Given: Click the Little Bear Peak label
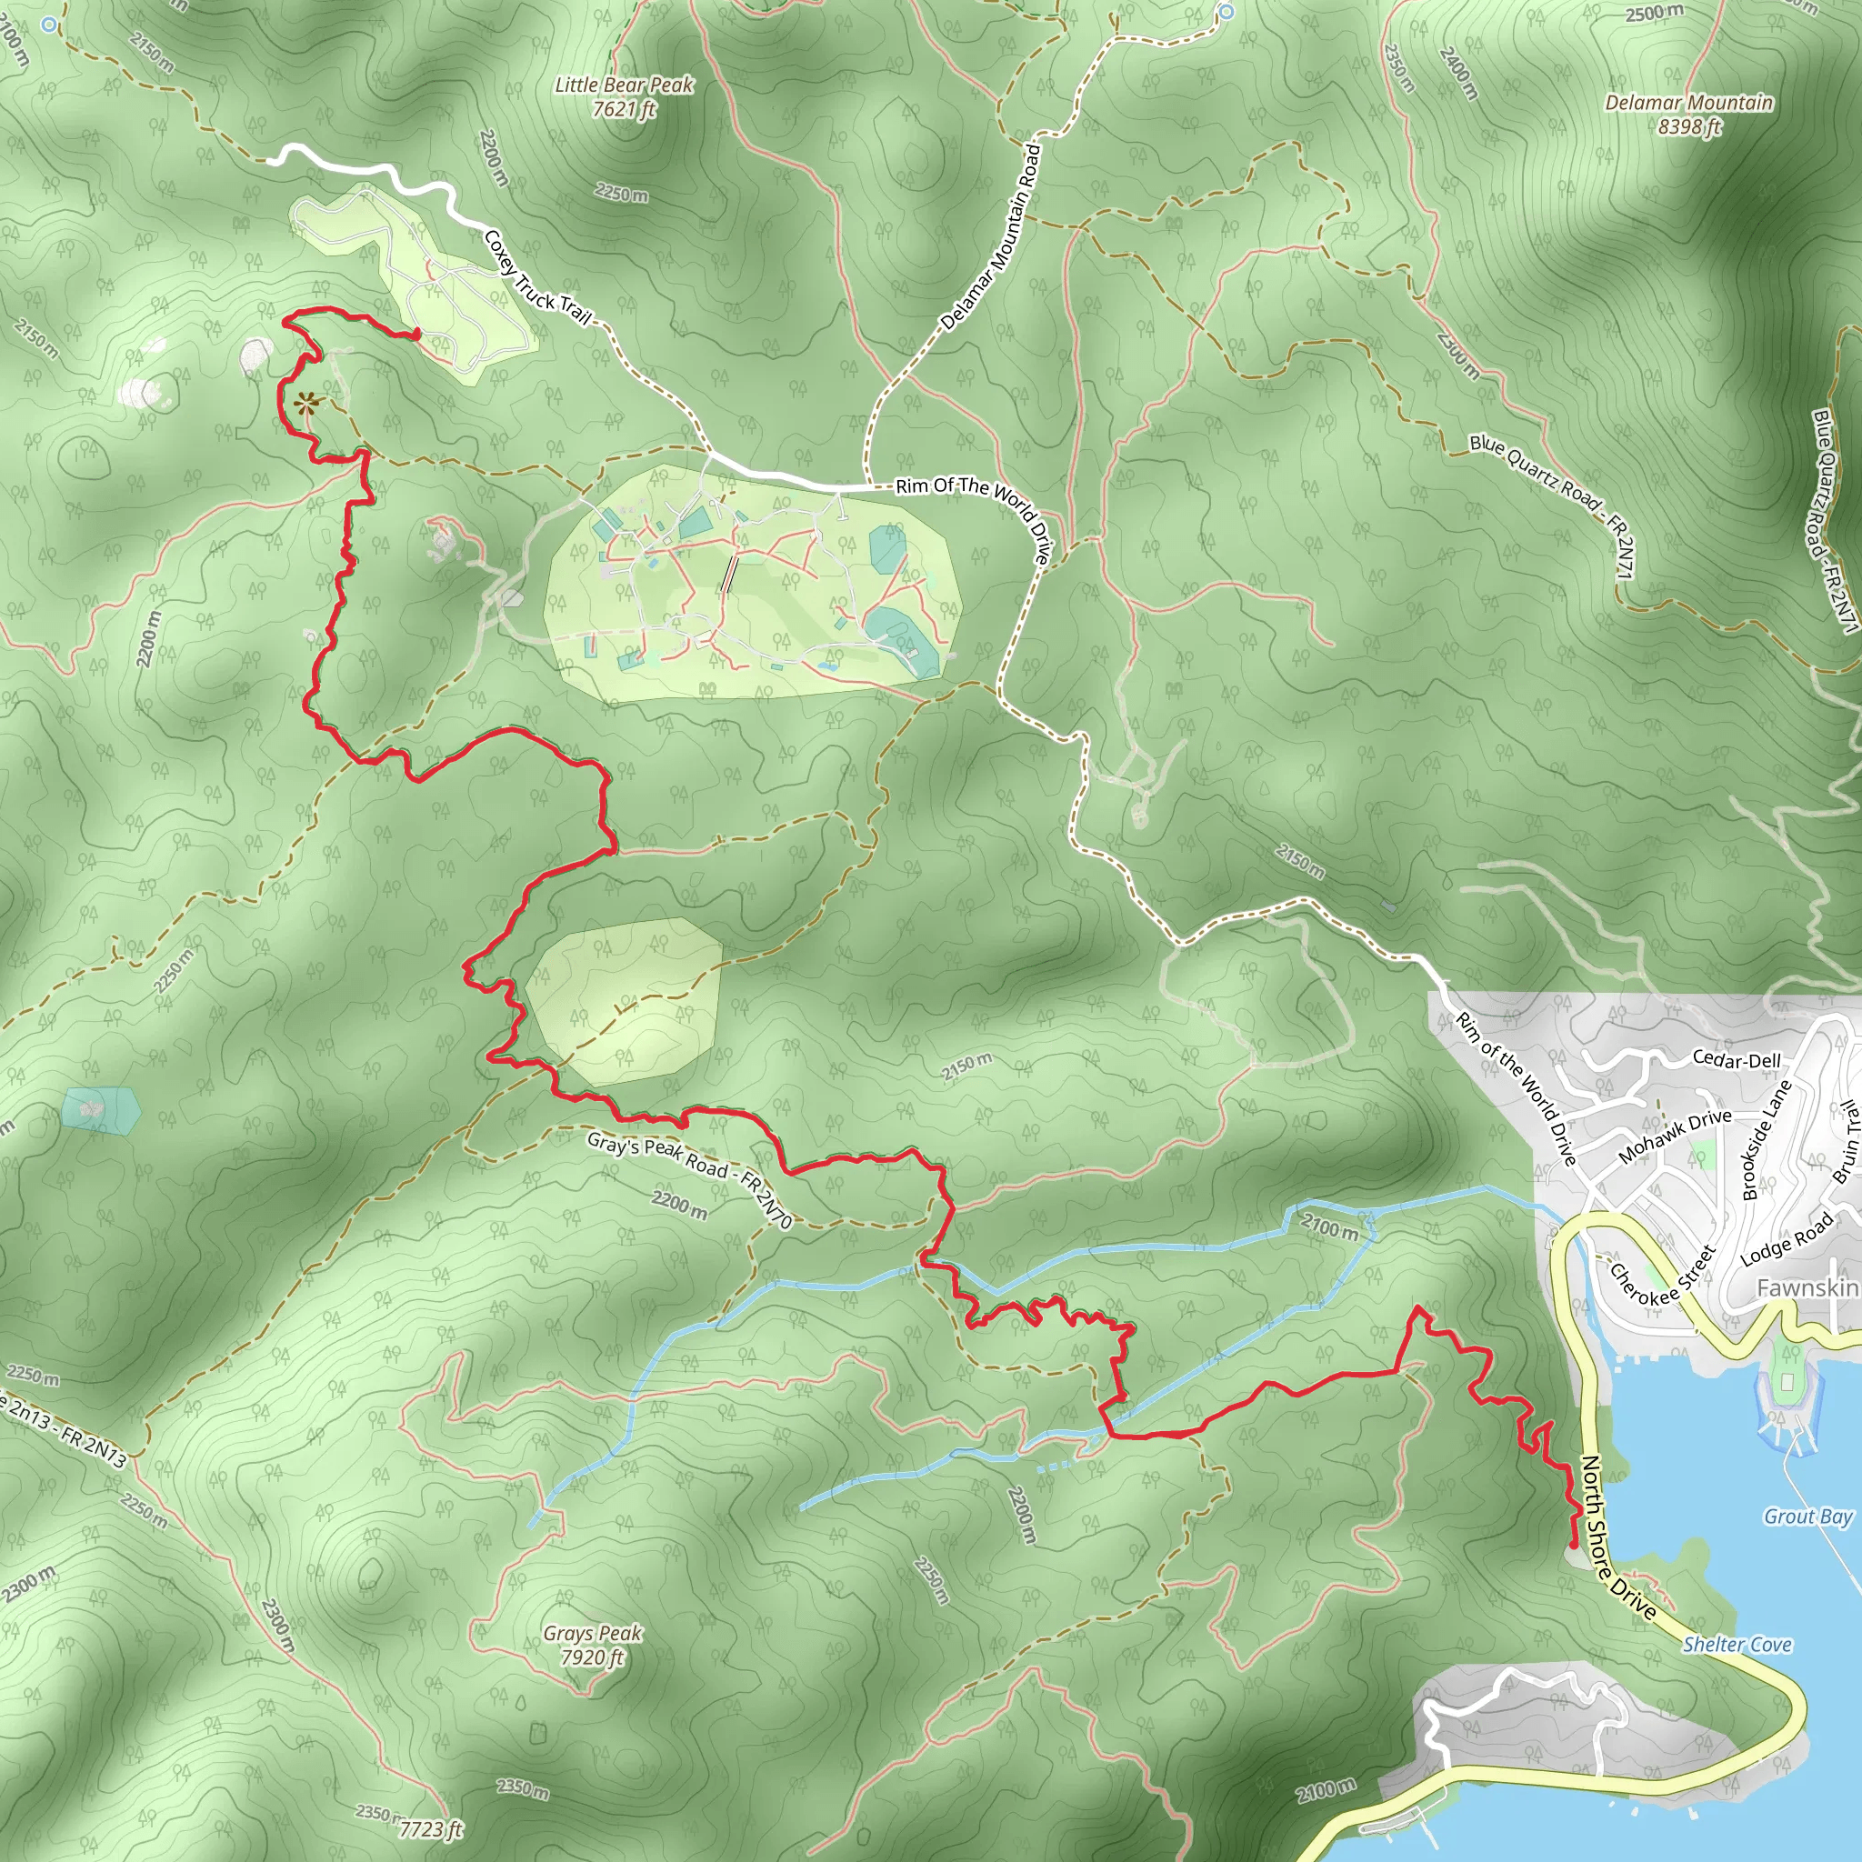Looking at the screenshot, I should pos(625,96).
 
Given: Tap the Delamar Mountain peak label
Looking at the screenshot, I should pos(1688,114).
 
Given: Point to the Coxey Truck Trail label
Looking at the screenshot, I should pos(536,276).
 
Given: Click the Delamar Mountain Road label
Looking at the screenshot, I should pos(991,237).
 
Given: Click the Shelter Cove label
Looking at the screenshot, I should pos(1737,1644).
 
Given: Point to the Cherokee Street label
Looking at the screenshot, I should pos(1663,1274).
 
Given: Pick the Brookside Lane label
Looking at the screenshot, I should pos(1767,1139).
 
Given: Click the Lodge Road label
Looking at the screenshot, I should pos(1787,1240).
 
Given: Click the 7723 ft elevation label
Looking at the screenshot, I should pos(431,1829).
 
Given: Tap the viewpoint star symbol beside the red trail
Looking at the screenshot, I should pos(306,403).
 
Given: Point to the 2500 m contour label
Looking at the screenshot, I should pos(1654,13).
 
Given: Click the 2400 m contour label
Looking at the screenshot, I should pos(1457,73).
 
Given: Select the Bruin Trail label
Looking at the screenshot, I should pos(1845,1141).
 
